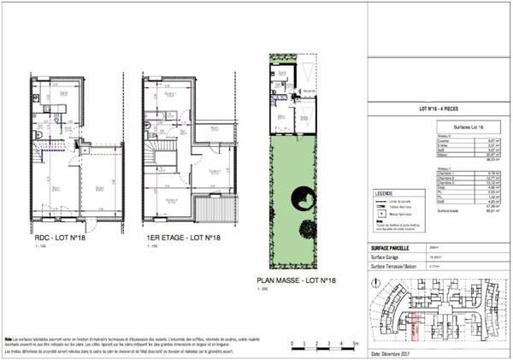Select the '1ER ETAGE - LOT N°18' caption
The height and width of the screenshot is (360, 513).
click(180, 237)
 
